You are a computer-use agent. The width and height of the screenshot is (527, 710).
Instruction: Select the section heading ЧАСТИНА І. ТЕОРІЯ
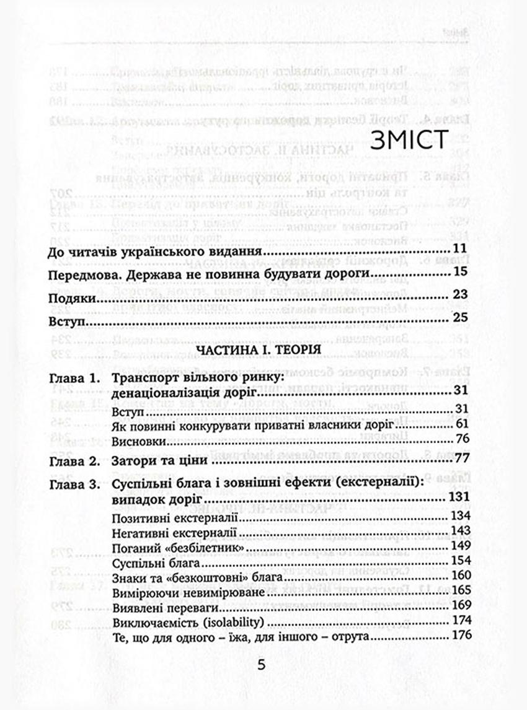tap(258, 350)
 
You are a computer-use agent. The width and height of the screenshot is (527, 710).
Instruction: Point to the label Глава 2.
tap(73, 462)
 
